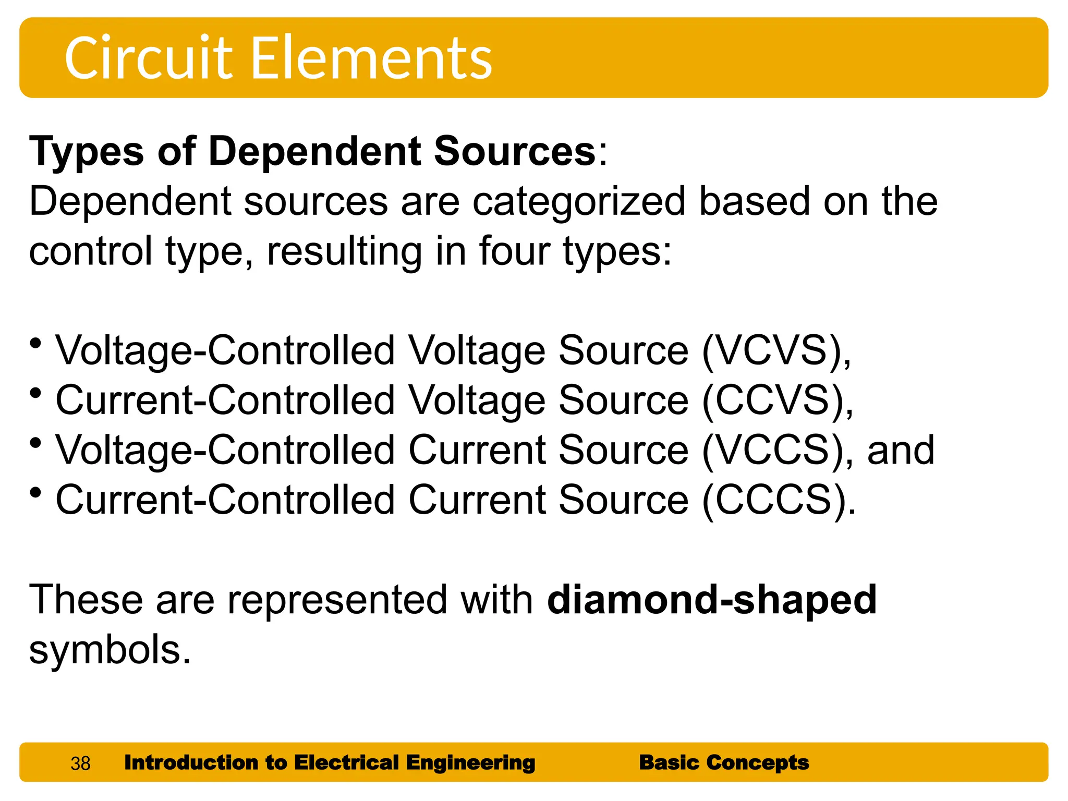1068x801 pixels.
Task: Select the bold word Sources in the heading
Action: pos(515,152)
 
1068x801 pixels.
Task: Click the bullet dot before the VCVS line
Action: pos(35,344)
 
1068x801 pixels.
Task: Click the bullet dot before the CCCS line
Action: pos(35,493)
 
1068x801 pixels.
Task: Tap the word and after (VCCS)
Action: pos(901,451)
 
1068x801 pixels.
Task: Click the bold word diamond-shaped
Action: pos(711,600)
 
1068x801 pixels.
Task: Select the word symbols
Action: pos(110,650)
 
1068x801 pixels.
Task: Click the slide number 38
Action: pos(80,763)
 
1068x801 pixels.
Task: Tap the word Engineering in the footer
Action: pos(470,762)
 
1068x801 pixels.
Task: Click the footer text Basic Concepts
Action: pos(724,762)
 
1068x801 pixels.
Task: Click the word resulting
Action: pos(345,251)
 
